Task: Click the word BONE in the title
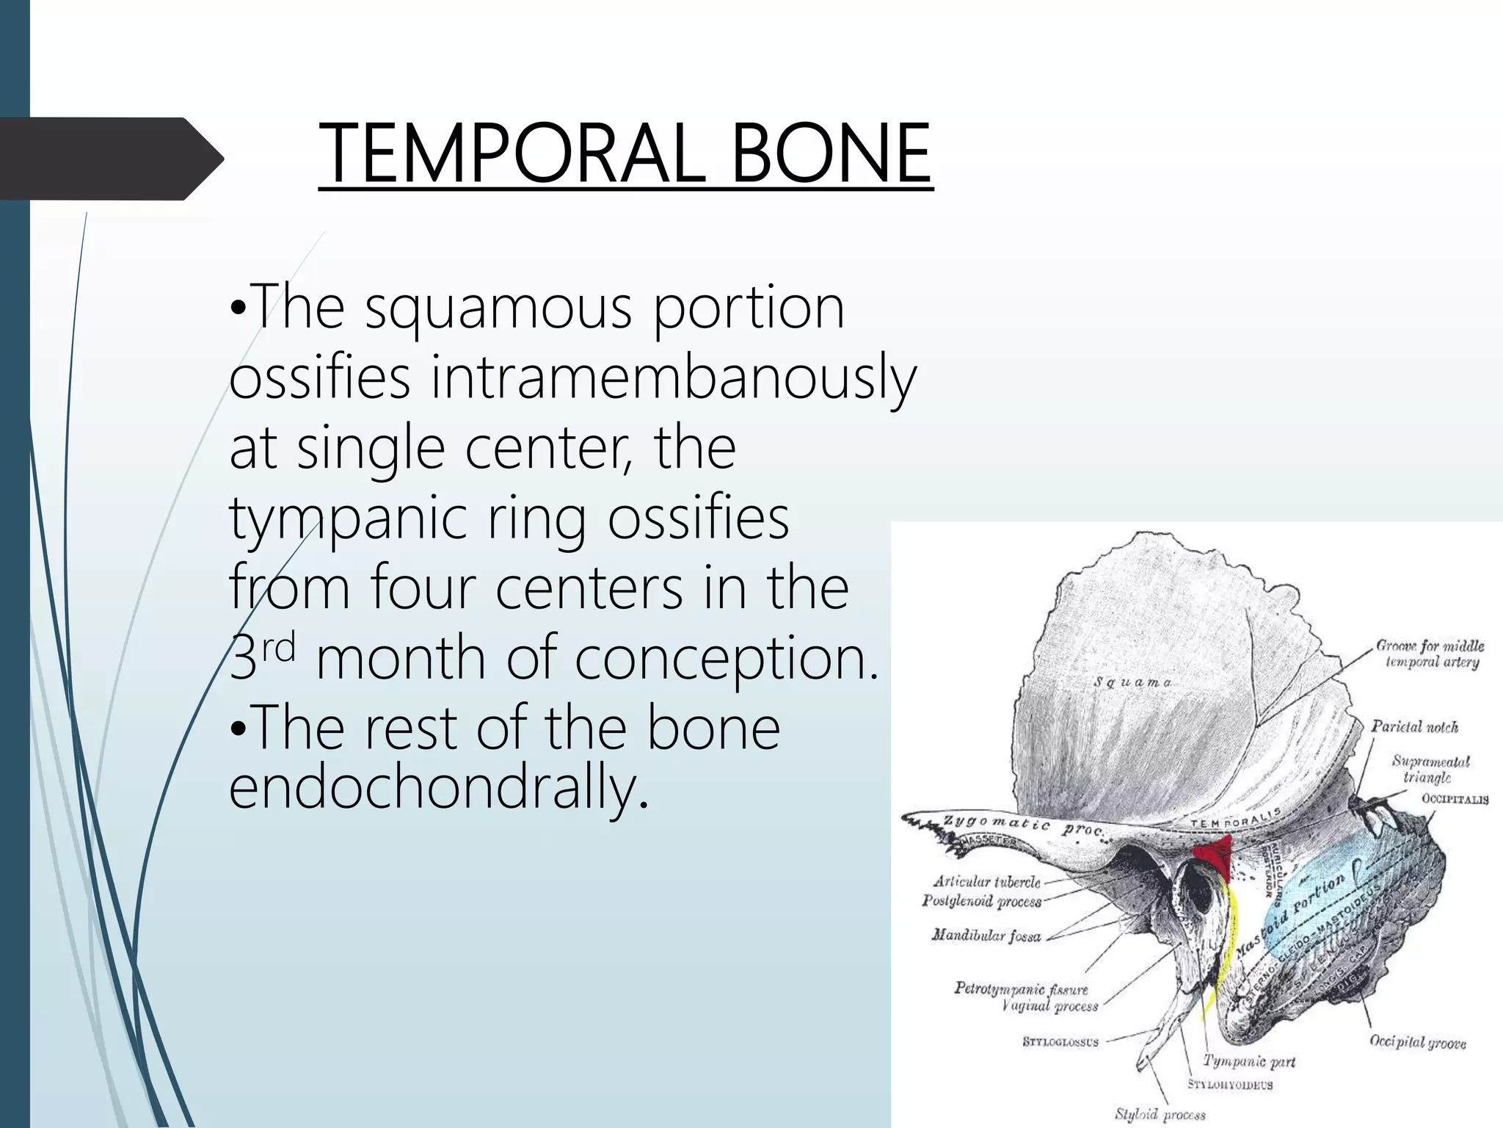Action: pos(831,153)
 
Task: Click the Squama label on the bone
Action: pos(1132,682)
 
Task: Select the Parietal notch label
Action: pos(1414,727)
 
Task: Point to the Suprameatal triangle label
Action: pos(1430,769)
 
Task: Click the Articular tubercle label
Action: pos(986,881)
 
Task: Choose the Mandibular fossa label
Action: pos(986,936)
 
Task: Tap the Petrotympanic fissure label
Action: pos(1021,988)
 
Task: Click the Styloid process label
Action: pos(1160,1114)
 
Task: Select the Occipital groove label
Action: pos(1417,1041)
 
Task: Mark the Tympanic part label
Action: pos(1248,1061)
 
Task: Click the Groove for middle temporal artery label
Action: pos(1430,654)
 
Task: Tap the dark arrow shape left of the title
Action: pos(110,159)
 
